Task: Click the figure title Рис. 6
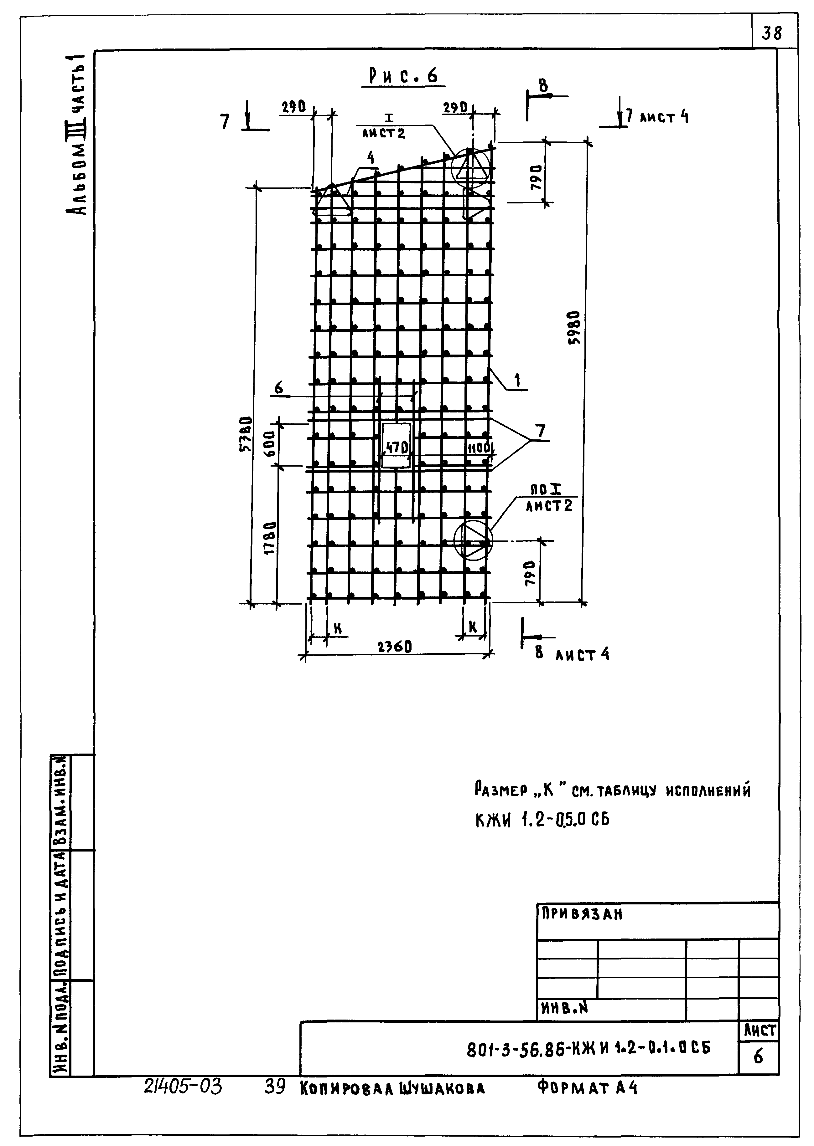click(x=403, y=76)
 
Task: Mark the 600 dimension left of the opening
click(x=270, y=443)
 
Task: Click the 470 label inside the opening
click(x=397, y=447)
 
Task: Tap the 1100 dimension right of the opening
click(x=479, y=448)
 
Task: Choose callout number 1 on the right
click(x=518, y=380)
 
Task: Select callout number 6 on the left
click(x=279, y=388)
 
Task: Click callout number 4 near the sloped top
click(x=371, y=159)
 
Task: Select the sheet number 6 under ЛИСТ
click(x=758, y=1057)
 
